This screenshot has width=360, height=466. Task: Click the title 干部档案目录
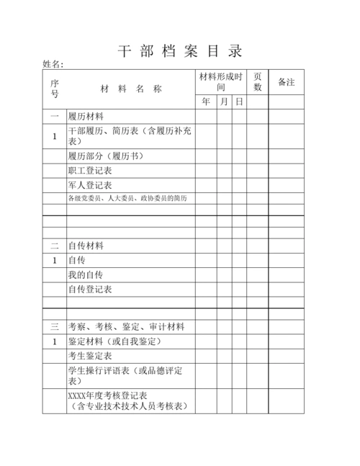click(x=180, y=52)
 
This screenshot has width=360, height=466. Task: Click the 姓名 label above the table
click(x=53, y=66)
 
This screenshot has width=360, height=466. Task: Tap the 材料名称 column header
click(x=130, y=89)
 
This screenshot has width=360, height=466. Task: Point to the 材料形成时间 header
click(x=221, y=81)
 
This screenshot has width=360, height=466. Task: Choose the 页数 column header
click(x=258, y=81)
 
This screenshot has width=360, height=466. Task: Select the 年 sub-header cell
click(x=206, y=102)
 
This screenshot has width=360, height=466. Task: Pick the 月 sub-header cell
click(x=224, y=102)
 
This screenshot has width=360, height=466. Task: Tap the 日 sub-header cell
click(x=239, y=102)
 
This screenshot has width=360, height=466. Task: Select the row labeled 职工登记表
click(x=89, y=171)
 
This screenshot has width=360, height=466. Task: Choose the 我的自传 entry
click(x=85, y=274)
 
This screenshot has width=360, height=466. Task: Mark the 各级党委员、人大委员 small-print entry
click(x=127, y=198)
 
